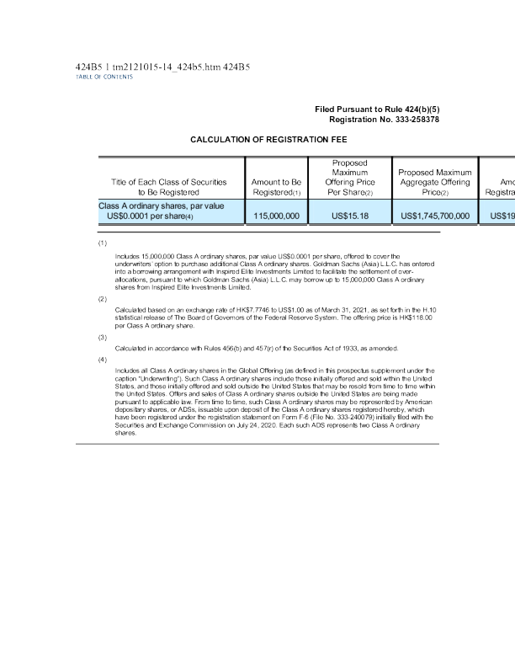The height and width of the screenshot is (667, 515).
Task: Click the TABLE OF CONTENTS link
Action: (x=98, y=77)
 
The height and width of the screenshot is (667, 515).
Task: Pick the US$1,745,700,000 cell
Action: (x=435, y=216)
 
